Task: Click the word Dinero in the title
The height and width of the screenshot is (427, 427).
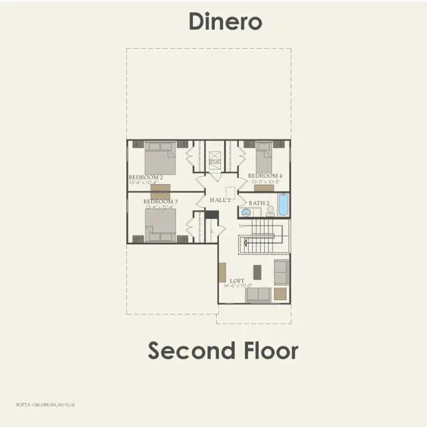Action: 225,21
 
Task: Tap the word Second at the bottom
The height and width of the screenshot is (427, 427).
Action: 189,350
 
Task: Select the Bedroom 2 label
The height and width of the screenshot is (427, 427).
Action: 145,177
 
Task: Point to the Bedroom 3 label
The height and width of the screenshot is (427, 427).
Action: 159,201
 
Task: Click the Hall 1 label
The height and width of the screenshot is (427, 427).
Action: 220,199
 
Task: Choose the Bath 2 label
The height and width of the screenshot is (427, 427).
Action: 259,203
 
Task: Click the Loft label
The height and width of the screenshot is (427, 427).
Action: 237,281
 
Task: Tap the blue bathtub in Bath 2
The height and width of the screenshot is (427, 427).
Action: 282,205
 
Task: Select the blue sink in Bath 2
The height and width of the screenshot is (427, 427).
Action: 246,212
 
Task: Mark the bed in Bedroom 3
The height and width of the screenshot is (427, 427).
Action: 161,224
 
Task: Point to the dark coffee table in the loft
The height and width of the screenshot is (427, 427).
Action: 258,272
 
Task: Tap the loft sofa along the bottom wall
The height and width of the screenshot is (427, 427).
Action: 258,294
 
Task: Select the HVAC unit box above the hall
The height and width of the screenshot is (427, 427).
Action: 214,161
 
